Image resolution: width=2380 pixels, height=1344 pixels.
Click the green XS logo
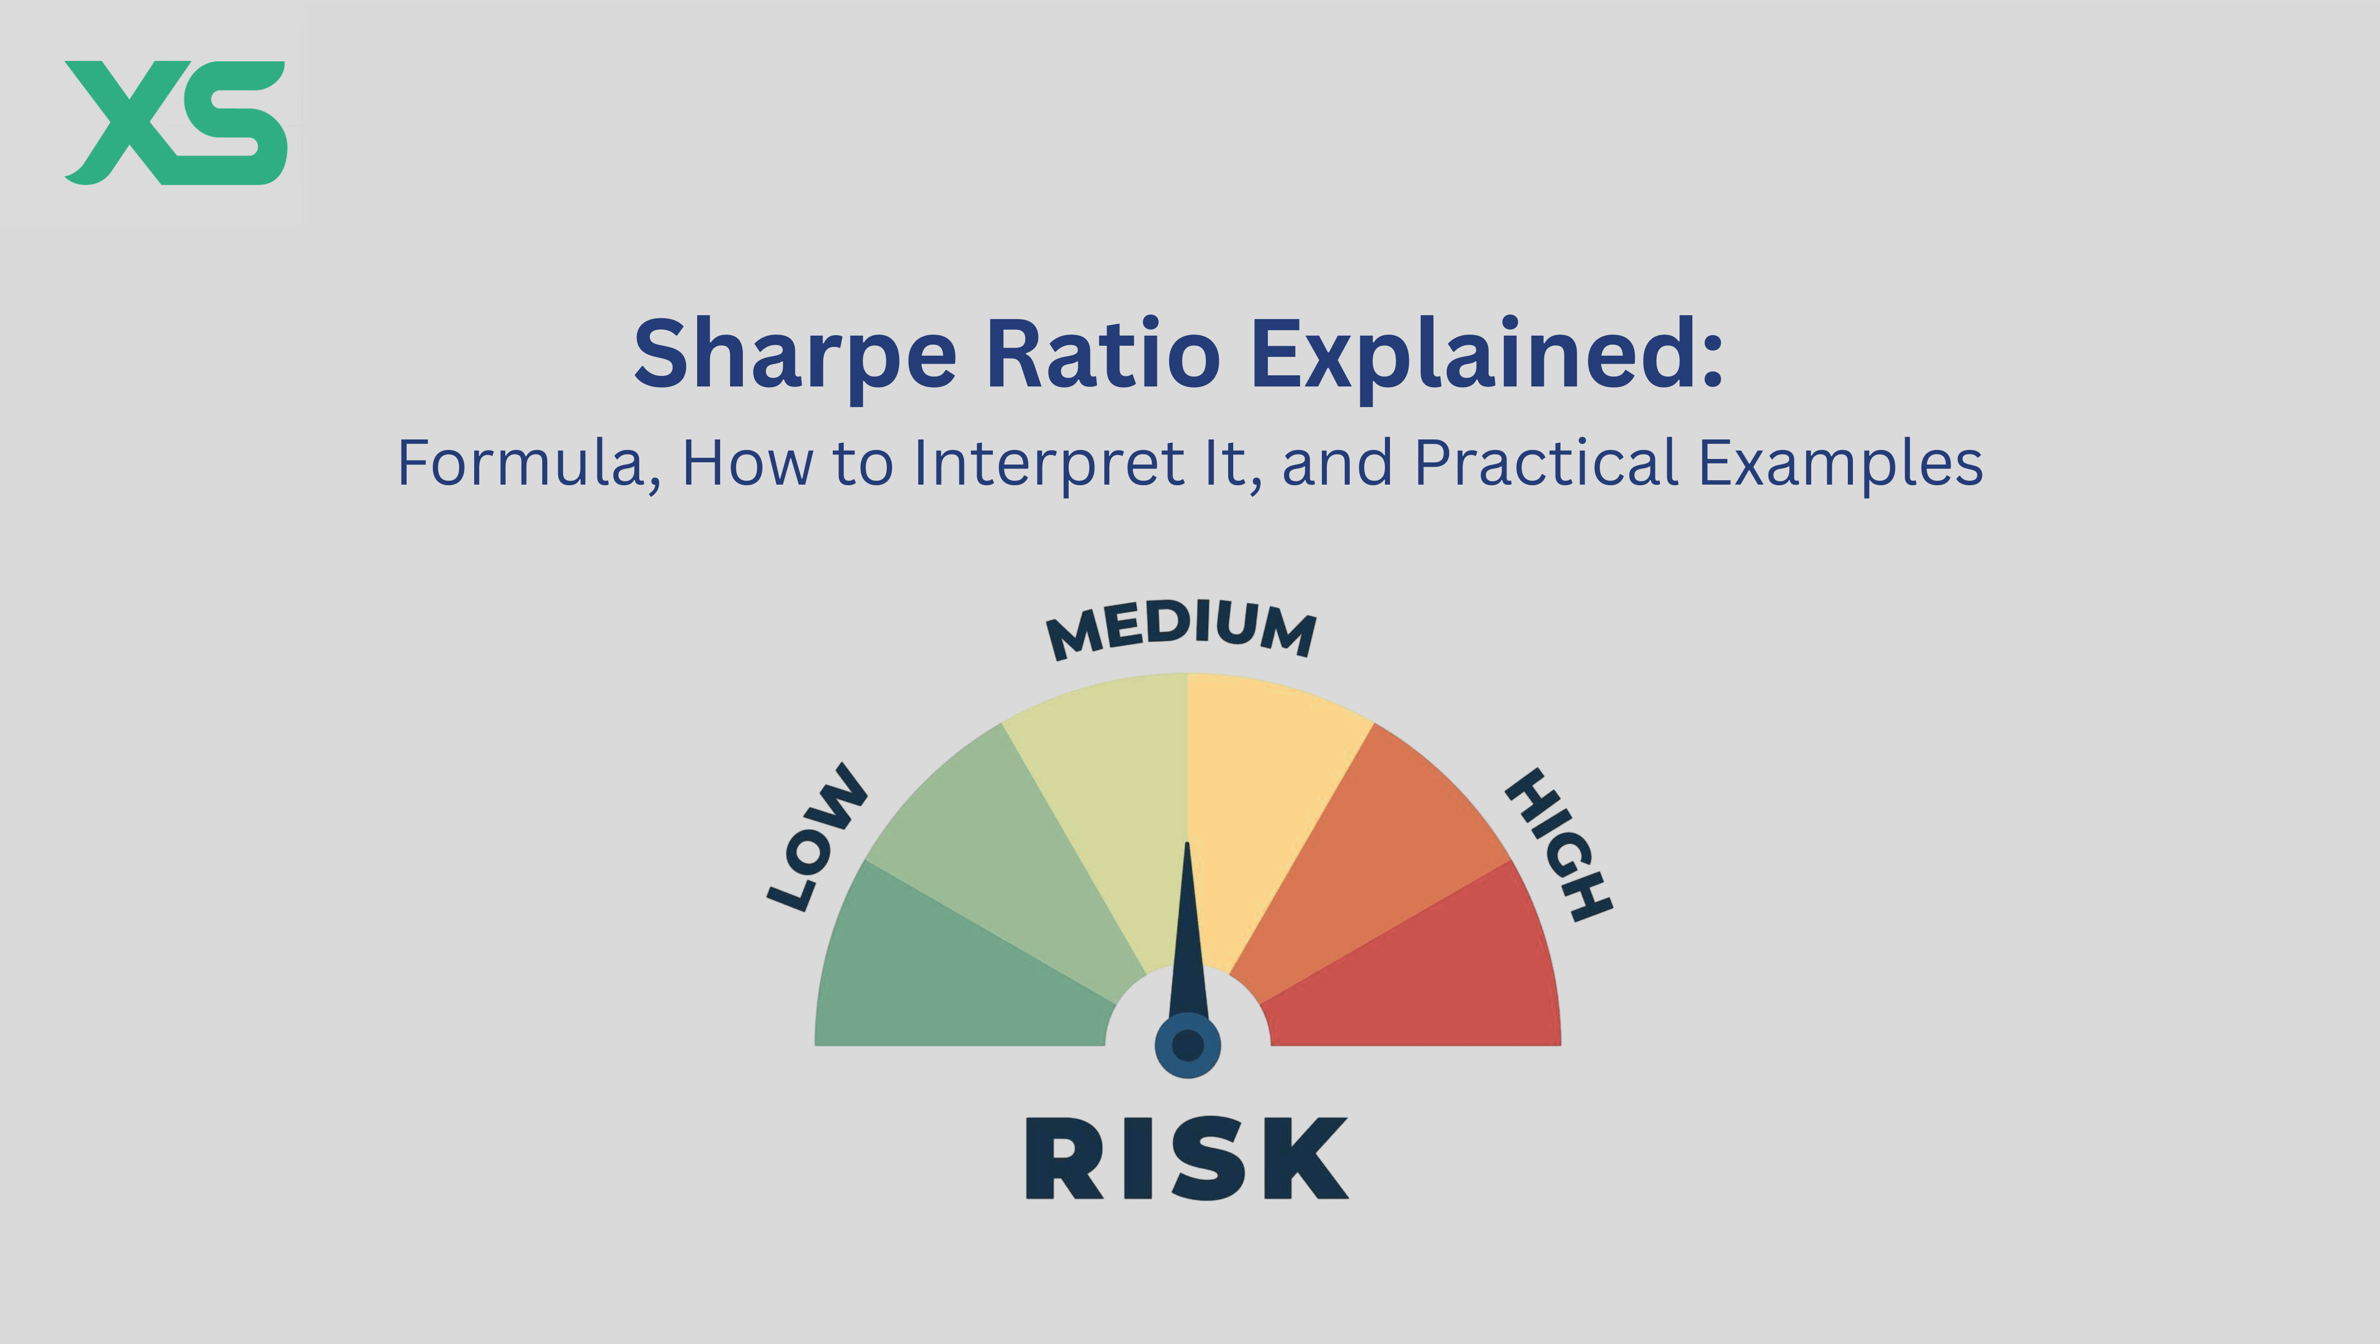[176, 123]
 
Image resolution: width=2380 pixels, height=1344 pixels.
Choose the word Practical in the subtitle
[1546, 463]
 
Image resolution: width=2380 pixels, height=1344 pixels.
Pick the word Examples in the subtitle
[1841, 463]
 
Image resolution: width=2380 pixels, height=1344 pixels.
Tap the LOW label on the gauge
[817, 838]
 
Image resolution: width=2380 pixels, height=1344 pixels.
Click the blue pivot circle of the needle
[1187, 1046]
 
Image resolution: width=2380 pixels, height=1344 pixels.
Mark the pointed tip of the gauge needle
[1187, 846]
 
